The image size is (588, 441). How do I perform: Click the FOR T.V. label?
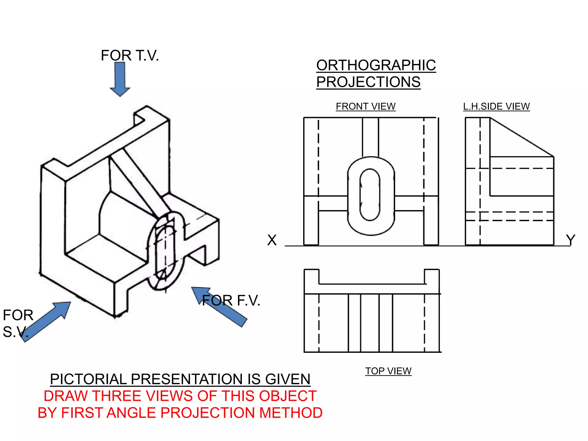pos(130,55)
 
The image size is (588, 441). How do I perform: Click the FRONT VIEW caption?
pos(365,107)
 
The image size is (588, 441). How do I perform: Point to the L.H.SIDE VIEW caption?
pos(496,107)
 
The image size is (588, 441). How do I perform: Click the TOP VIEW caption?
pos(388,371)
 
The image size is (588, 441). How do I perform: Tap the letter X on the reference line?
pos(272,240)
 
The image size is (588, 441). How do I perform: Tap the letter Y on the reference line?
pos(570,240)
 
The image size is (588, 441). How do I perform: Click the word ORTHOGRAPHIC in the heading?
pos(376,65)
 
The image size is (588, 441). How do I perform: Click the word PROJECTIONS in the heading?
pos(368,82)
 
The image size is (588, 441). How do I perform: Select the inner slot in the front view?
pos(370,195)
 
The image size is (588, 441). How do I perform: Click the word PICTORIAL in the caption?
pos(88,379)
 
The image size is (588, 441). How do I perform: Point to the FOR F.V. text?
pos(231,301)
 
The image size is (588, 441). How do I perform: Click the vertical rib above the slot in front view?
pos(370,137)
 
